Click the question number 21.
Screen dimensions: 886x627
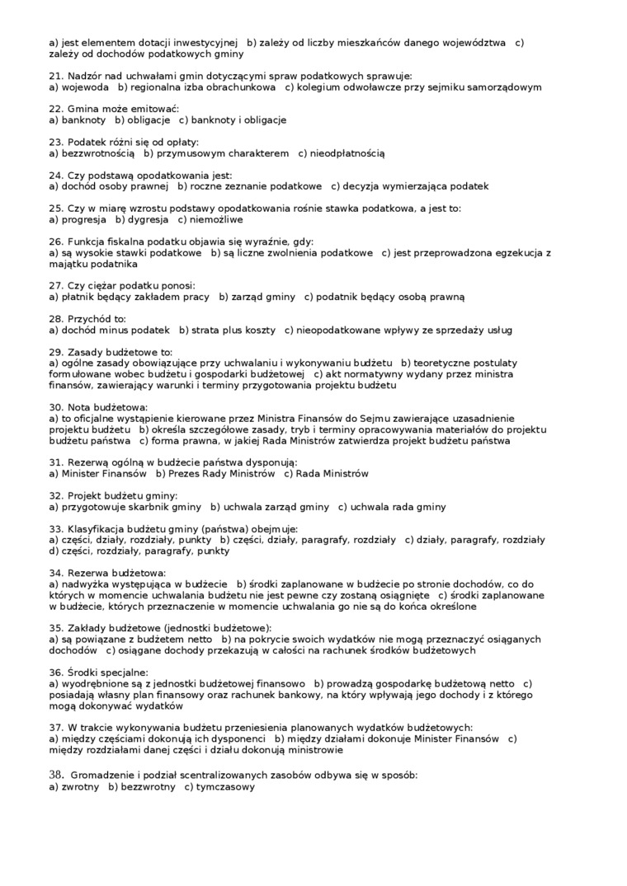55,76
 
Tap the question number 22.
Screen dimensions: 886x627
55,109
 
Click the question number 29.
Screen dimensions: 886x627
55,352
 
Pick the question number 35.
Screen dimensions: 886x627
55,628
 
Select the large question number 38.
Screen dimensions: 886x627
56,775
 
